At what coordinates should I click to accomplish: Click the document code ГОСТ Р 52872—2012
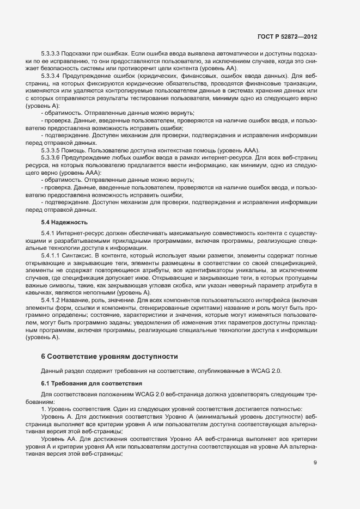tap(288, 37)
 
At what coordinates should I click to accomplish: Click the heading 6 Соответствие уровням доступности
tap(109, 357)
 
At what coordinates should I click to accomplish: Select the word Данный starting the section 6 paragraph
tap(52, 371)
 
